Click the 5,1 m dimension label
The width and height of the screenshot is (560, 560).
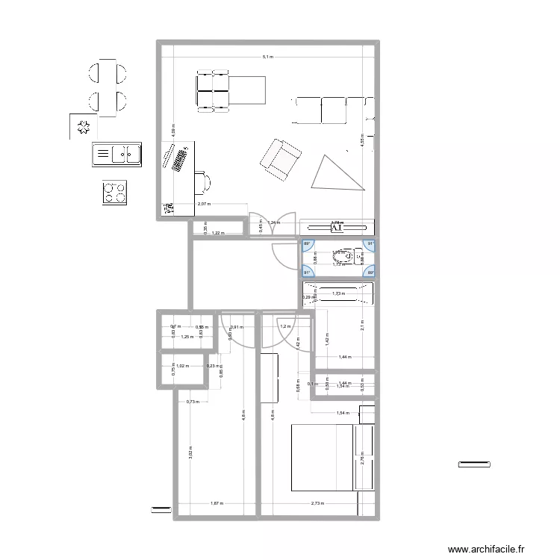(x=267, y=57)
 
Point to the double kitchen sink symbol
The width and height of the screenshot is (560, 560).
(x=117, y=154)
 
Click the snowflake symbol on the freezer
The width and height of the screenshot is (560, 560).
(x=85, y=127)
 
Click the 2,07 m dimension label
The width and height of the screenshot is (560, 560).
(x=204, y=204)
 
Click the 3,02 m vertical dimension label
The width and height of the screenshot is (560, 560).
(x=190, y=453)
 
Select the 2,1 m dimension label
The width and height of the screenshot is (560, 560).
(x=361, y=324)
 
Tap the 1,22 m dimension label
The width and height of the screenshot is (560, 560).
(x=217, y=234)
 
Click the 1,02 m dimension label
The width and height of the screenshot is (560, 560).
(x=181, y=366)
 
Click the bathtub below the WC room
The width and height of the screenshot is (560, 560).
(x=337, y=293)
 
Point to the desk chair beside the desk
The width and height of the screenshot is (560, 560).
(x=204, y=181)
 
